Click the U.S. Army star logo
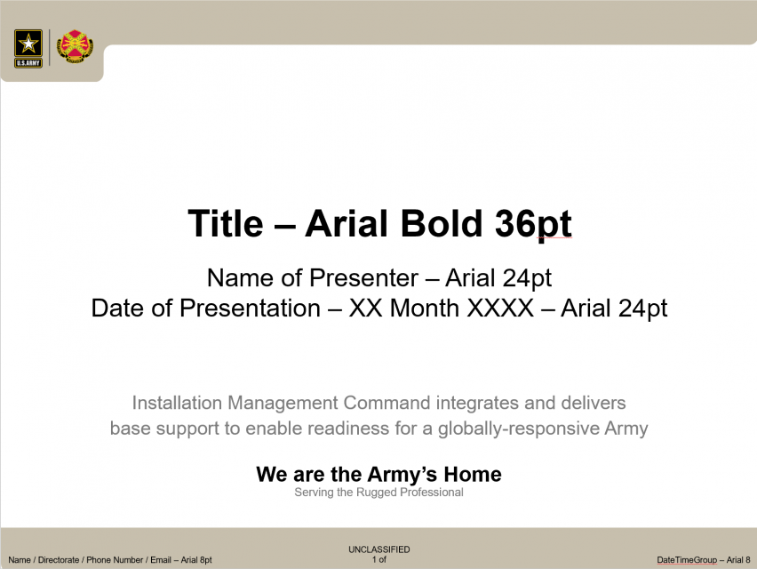coord(28,48)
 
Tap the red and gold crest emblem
coord(75,46)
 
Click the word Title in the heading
coord(226,224)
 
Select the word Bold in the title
coord(442,224)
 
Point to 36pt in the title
coord(533,225)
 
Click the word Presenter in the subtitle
coord(363,278)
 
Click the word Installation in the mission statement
coord(177,403)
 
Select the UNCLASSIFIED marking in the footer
coord(379,549)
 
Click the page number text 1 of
coord(379,559)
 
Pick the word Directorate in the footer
coord(59,560)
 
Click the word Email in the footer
coord(161,560)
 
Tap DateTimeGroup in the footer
coord(687,560)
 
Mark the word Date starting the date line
coord(118,309)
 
